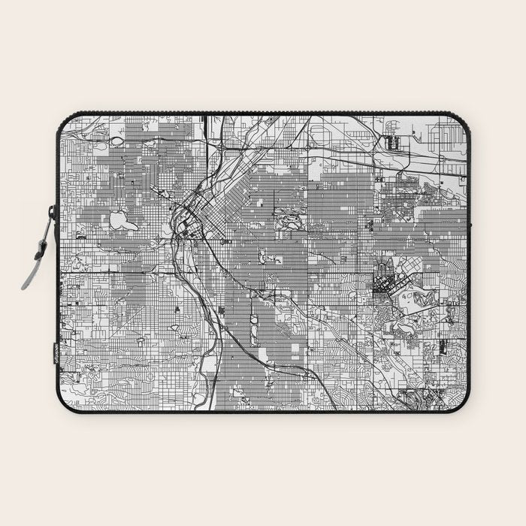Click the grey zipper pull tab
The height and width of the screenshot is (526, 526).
30,271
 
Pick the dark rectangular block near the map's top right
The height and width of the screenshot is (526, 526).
391,141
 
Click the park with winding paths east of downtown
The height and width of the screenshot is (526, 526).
289,221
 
